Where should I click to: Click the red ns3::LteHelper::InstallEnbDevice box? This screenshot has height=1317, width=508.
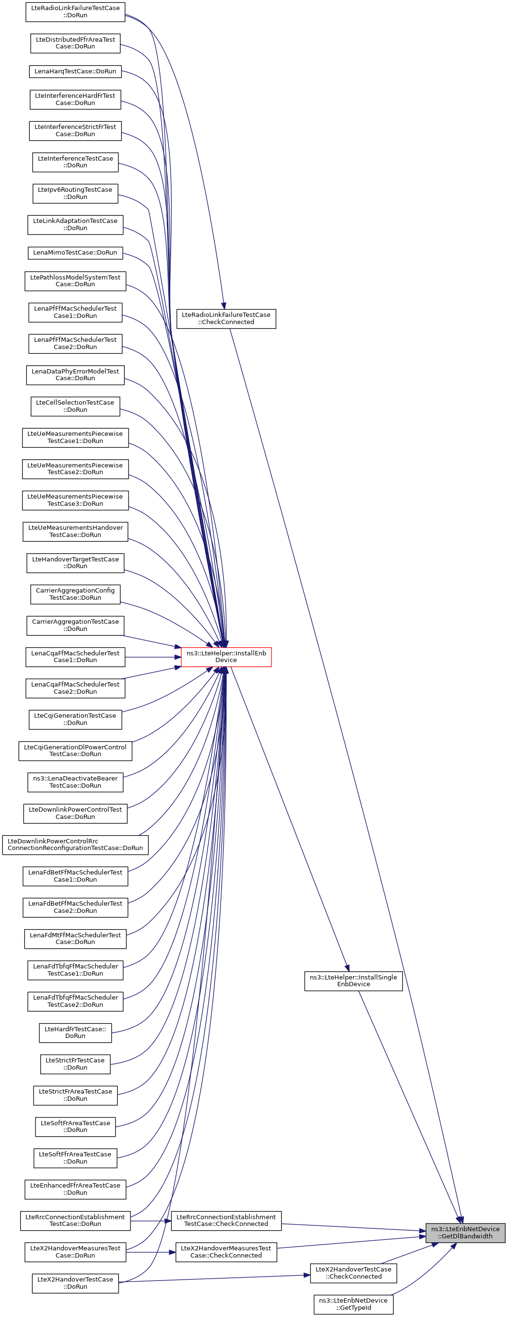point(226,656)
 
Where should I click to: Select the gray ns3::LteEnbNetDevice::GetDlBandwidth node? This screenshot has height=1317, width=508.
point(465,1232)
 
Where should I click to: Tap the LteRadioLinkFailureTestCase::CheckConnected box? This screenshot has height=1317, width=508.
point(226,318)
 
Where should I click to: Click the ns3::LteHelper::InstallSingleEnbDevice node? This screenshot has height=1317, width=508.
point(354,980)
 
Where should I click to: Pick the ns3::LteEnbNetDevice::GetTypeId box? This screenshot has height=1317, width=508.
point(354,1304)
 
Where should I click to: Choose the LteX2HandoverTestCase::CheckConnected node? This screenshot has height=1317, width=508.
point(354,1272)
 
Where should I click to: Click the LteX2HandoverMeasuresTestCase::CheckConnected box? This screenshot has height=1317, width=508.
point(226,1252)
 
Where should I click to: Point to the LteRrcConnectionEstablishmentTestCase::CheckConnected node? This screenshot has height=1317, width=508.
point(226,1220)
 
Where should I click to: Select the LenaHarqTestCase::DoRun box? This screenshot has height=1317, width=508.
point(75,71)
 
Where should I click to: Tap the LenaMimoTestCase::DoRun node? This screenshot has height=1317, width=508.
point(75,253)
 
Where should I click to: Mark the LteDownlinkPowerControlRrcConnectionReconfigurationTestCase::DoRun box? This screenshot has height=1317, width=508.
point(75,845)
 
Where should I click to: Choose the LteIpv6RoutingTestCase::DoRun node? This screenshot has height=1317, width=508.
point(75,193)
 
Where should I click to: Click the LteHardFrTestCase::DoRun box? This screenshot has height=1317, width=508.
point(75,1032)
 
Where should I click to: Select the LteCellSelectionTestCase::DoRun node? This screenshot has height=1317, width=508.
point(75,406)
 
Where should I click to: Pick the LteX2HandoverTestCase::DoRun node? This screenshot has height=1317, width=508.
point(75,1283)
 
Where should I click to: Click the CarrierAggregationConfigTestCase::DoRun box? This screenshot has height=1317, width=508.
point(75,594)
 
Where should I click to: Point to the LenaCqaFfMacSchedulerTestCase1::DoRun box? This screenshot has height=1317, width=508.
point(75,656)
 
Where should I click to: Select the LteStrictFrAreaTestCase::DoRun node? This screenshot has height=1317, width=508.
point(75,1095)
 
